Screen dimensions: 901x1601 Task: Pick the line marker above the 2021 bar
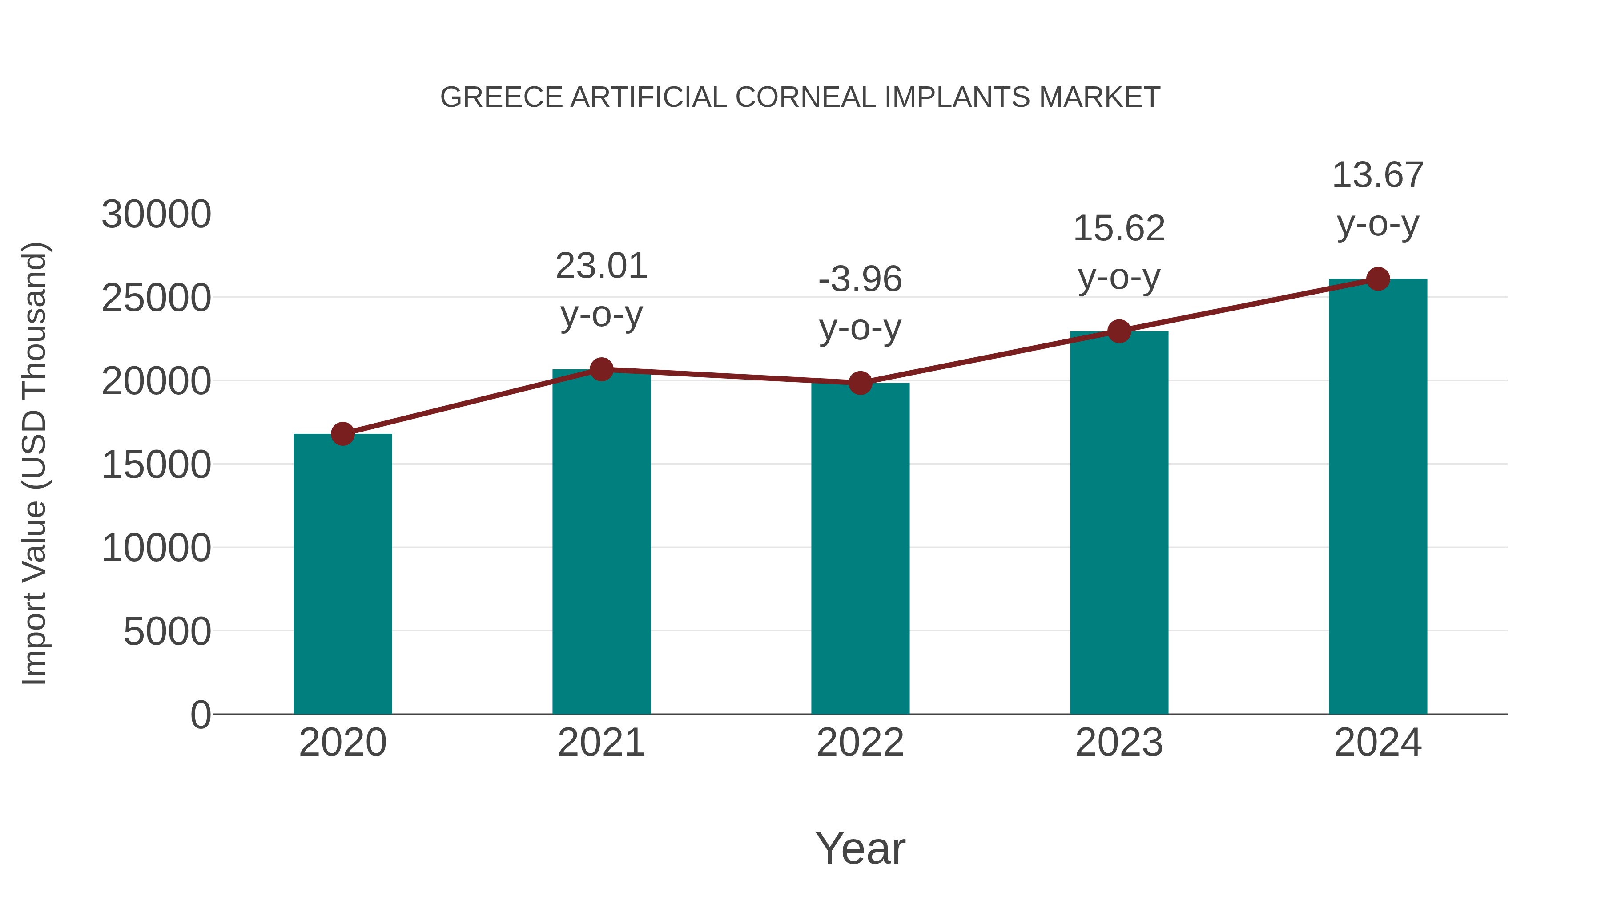click(601, 369)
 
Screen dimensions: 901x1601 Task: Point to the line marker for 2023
click(1119, 331)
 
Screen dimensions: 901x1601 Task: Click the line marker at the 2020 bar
click(342, 434)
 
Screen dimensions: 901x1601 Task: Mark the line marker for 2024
click(1378, 279)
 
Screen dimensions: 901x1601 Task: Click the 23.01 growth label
click(601, 266)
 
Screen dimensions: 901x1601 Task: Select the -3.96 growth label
click(860, 279)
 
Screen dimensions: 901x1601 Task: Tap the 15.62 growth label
click(1119, 229)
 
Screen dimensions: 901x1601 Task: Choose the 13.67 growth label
click(1378, 175)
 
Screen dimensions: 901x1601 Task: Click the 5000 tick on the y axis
click(167, 632)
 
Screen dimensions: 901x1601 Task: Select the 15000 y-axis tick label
click(156, 465)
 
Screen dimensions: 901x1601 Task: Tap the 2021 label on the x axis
click(601, 743)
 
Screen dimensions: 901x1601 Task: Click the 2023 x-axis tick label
click(1119, 743)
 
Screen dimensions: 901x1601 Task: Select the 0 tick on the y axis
click(201, 715)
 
